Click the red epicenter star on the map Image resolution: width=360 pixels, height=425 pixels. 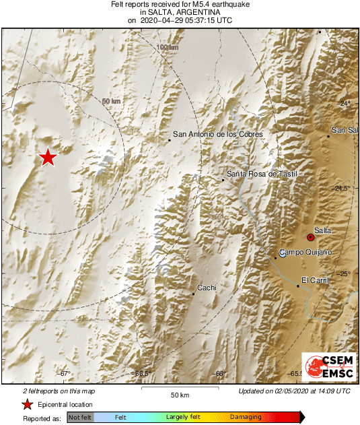(47, 158)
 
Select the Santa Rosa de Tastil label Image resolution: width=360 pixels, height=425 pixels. (261, 174)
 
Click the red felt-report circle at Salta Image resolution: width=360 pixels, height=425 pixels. (310, 237)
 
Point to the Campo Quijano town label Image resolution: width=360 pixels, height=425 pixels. (305, 253)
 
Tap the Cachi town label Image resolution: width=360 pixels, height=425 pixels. (207, 288)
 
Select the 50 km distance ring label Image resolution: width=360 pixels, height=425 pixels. (111, 101)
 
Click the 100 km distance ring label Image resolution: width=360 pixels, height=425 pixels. (168, 47)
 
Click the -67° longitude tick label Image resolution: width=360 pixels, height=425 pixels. (65, 374)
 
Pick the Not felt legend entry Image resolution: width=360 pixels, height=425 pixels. (80, 418)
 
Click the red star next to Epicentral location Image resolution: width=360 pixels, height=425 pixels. (27, 405)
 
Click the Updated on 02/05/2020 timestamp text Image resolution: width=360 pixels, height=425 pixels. (294, 391)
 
